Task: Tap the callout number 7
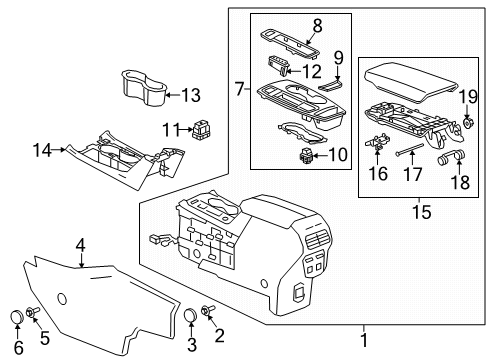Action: point(240,90)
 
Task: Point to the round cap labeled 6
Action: point(16,318)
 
